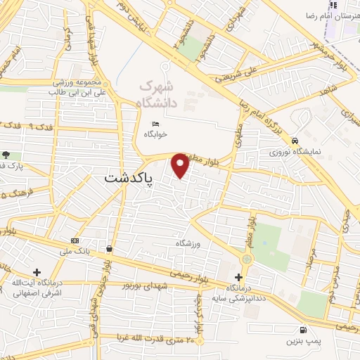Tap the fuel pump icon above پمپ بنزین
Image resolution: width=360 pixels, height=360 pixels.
303,330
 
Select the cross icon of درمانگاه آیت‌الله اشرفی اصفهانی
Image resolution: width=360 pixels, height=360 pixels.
37,271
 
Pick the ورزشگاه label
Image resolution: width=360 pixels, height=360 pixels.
188,243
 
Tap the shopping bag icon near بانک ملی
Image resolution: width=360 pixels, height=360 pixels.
110,249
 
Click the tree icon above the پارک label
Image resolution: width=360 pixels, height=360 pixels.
6,155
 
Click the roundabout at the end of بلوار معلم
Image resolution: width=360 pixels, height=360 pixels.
247,260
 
